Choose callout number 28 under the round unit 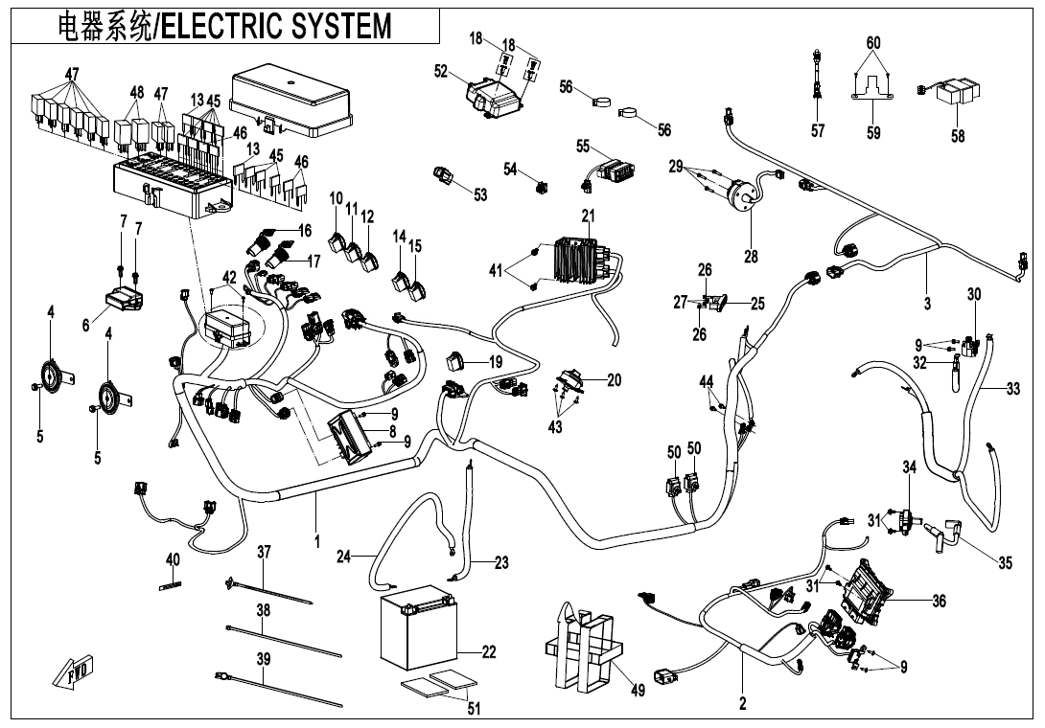[751, 256]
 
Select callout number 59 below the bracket [872, 133]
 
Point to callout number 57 [817, 131]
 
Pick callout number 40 [173, 558]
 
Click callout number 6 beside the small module [86, 326]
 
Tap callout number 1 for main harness [316, 541]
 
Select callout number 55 [582, 147]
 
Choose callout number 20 [614, 380]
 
